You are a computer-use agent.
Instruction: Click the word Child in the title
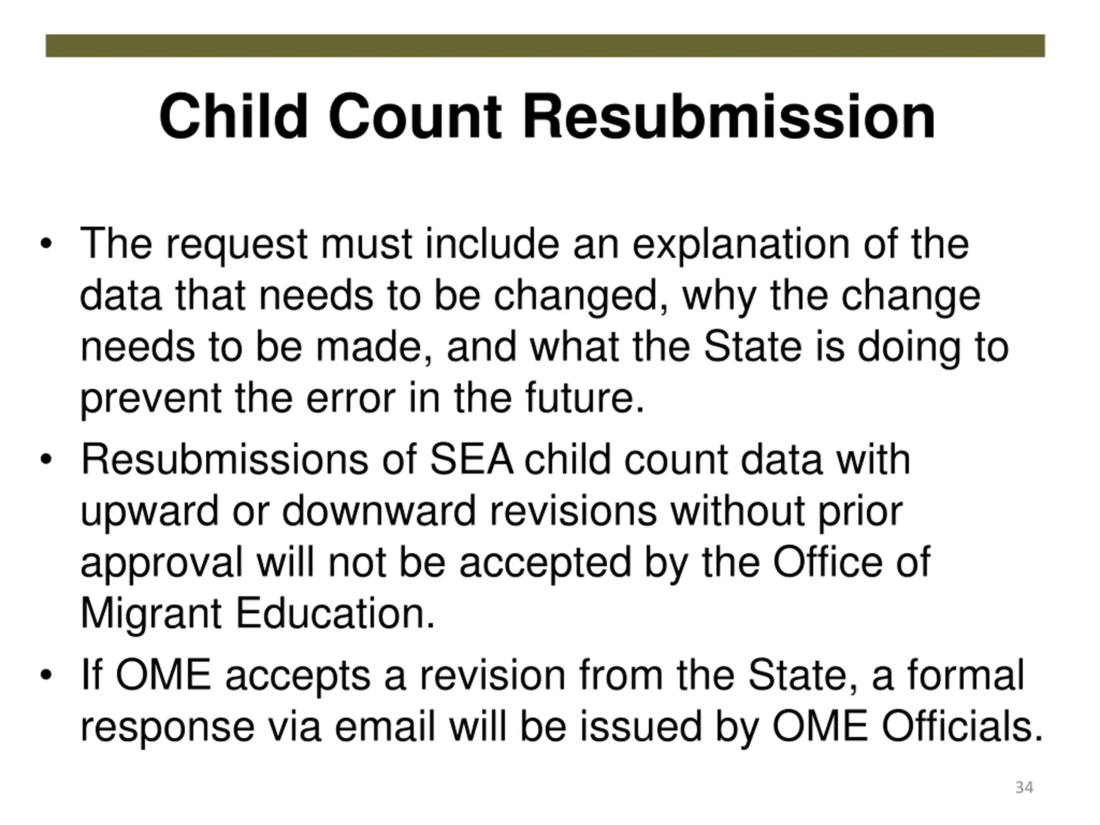(233, 117)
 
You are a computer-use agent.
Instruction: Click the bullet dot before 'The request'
(46, 244)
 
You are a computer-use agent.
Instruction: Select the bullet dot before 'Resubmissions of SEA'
(46, 459)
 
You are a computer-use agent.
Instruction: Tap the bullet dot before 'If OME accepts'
(46, 675)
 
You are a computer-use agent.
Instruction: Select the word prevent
(151, 398)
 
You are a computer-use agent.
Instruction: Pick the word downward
(379, 511)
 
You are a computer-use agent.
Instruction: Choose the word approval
(162, 563)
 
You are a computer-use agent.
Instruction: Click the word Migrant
(151, 614)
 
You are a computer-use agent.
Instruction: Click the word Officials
(962, 727)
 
